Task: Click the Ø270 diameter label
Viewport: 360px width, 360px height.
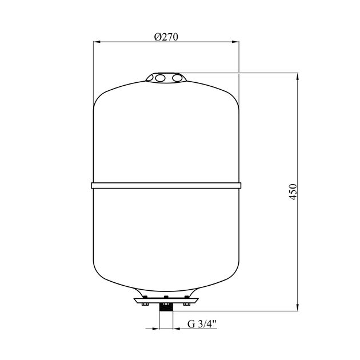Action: (166, 37)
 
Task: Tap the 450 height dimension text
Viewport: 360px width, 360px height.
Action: (293, 192)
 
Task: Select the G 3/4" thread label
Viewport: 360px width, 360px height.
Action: (202, 324)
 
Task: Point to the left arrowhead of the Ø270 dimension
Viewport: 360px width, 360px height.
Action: (97, 42)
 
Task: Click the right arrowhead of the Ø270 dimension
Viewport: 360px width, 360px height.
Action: (235, 42)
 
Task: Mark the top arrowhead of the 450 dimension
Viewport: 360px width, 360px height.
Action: (298, 77)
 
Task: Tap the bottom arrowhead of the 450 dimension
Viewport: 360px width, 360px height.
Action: (298, 307)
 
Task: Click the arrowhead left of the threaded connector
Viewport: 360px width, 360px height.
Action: (156, 329)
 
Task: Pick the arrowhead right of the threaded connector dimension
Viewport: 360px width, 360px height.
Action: (176, 329)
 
